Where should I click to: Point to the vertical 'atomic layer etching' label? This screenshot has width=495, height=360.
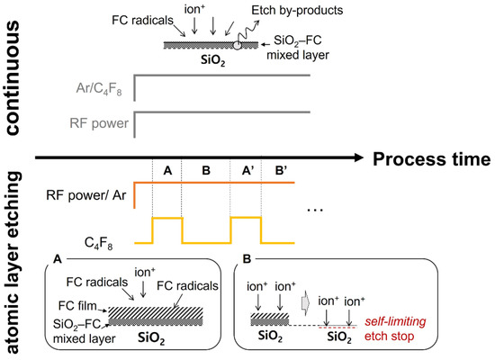point(16,261)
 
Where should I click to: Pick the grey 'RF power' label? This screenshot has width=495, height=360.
point(102,122)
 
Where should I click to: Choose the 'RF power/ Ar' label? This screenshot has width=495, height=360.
point(90,193)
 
